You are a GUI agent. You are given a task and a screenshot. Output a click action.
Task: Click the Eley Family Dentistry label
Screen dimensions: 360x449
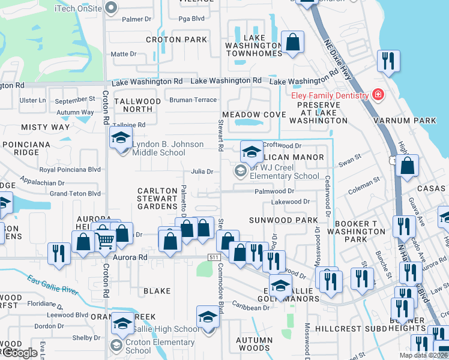[330, 95]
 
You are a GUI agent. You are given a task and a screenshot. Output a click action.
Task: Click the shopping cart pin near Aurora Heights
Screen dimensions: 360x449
[105, 239]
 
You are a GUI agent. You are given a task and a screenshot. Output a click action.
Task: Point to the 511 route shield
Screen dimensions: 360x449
[214, 257]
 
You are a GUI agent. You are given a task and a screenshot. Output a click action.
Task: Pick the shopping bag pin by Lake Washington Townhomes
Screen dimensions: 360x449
[292, 43]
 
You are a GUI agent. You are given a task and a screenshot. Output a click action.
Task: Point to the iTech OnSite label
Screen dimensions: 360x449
[77, 8]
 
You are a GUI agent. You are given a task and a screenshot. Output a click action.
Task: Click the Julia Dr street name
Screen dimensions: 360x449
[202, 172]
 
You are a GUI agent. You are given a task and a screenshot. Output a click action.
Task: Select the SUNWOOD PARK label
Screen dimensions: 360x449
[283, 220]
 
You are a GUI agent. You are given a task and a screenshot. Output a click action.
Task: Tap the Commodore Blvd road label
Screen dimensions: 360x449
[220, 288]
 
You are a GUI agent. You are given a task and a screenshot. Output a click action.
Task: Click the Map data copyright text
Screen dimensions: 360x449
[423, 355]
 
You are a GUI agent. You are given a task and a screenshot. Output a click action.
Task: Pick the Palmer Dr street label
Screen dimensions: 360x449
[136, 19]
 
